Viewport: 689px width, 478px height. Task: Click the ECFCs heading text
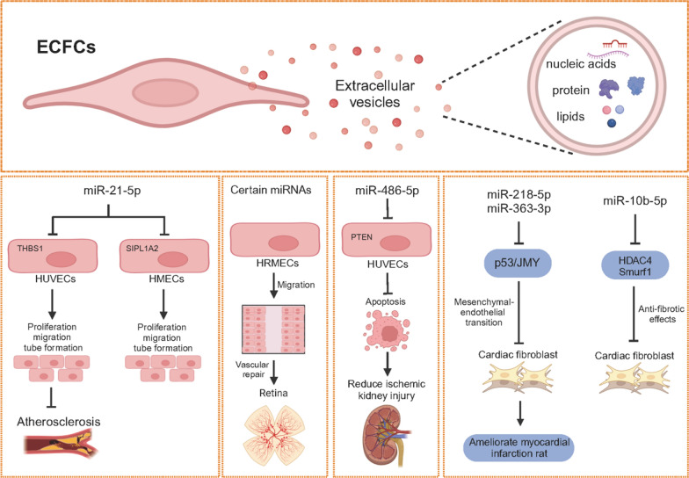(x=66, y=46)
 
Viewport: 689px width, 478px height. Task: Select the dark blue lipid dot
(x=612, y=123)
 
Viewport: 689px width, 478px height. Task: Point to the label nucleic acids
(x=580, y=64)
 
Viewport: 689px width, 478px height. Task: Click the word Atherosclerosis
(x=60, y=422)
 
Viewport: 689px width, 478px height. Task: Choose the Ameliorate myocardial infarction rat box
(x=519, y=447)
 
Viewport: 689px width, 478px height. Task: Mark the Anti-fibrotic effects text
(x=654, y=315)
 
